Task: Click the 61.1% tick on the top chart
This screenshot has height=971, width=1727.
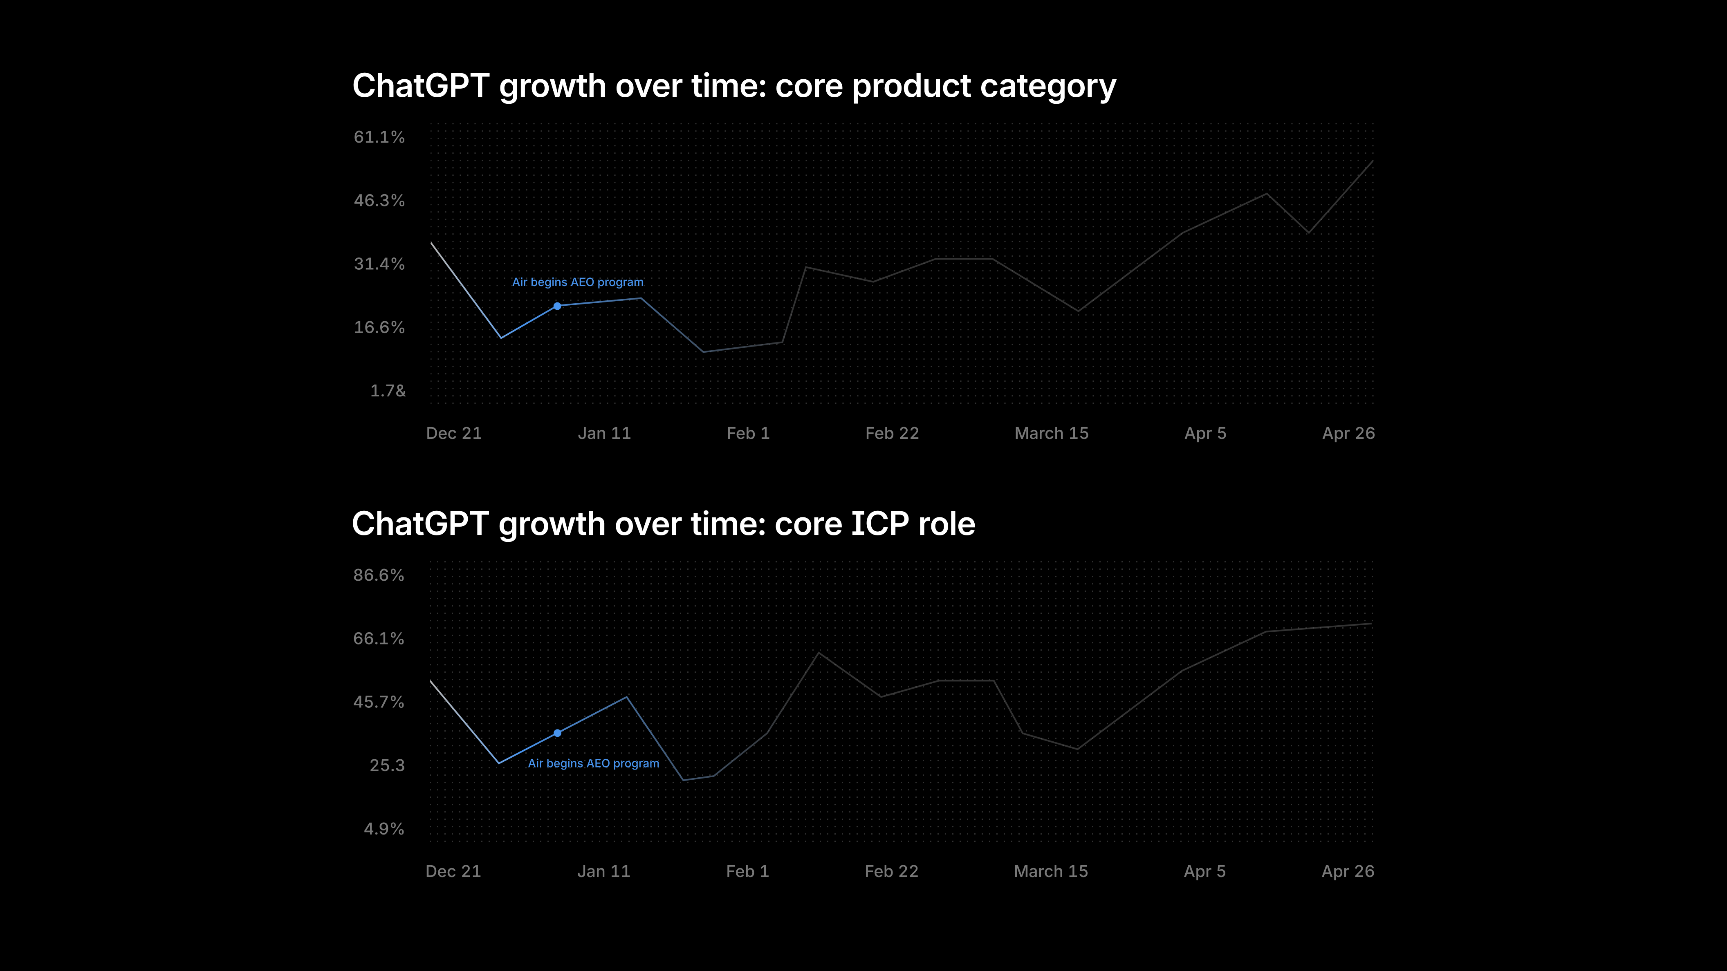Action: point(379,137)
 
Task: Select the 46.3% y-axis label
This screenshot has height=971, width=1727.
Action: point(379,200)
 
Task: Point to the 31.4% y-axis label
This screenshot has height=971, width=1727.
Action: point(379,264)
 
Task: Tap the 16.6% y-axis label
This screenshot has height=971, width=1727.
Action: point(379,327)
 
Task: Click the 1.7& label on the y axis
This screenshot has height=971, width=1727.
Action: point(388,391)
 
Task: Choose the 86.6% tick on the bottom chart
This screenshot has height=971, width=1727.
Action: point(379,575)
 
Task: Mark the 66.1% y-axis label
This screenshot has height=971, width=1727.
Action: point(379,639)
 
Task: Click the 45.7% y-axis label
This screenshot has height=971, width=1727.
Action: point(379,702)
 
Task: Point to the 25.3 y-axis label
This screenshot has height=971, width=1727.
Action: point(388,765)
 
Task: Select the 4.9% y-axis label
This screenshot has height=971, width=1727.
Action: point(384,829)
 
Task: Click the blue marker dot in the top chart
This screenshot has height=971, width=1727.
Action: point(557,306)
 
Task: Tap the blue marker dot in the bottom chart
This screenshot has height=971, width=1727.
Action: point(557,733)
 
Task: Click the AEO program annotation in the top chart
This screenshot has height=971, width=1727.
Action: point(578,282)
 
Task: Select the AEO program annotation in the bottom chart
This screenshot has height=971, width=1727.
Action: point(593,763)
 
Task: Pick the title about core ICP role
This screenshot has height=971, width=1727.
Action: point(664,524)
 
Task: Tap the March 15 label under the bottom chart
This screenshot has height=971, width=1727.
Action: point(1050,871)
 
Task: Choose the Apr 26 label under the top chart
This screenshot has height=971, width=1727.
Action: point(1348,434)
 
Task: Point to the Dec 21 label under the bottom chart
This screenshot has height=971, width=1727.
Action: point(453,871)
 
